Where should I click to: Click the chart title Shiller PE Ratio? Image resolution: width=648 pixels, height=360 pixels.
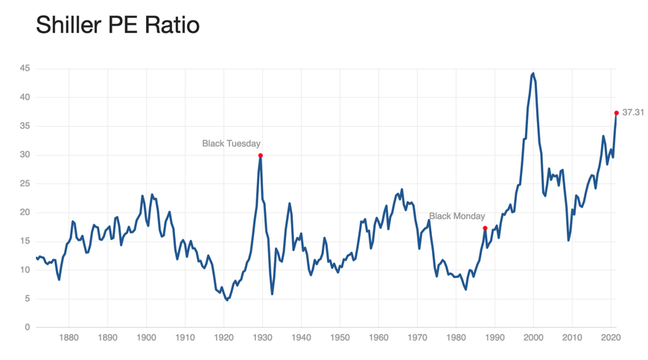pos(118,25)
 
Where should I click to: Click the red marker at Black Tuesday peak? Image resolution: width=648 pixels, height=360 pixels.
pos(260,155)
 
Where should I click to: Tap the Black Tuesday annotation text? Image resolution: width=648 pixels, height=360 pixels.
pos(231,143)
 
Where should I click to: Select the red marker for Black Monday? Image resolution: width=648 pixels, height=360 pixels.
pos(485,228)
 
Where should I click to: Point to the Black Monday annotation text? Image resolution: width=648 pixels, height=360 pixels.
pos(457,216)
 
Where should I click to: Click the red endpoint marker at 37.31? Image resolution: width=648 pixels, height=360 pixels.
pos(617,113)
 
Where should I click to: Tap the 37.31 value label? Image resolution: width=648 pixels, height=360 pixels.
pos(633,113)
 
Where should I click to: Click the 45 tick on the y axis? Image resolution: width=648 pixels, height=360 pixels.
pos(25,69)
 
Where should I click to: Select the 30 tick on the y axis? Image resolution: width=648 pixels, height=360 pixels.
pos(25,155)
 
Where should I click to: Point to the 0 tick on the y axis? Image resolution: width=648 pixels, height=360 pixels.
pos(27,327)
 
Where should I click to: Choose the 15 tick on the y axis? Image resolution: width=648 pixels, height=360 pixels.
pos(25,241)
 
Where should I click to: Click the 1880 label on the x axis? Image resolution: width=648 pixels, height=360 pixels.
pos(69,338)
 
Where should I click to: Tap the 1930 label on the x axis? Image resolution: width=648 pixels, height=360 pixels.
pos(262,338)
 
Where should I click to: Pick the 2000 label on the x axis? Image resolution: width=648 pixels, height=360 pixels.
pos(533,338)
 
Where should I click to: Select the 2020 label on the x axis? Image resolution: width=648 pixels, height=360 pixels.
pos(611,338)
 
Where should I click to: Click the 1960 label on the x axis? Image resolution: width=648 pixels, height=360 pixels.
pos(378,338)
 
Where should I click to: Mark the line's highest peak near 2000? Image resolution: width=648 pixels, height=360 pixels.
pos(533,74)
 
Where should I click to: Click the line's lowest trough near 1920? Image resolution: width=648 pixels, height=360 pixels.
pos(226,300)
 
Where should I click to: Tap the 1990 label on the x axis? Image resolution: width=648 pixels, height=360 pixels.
pos(495,338)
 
